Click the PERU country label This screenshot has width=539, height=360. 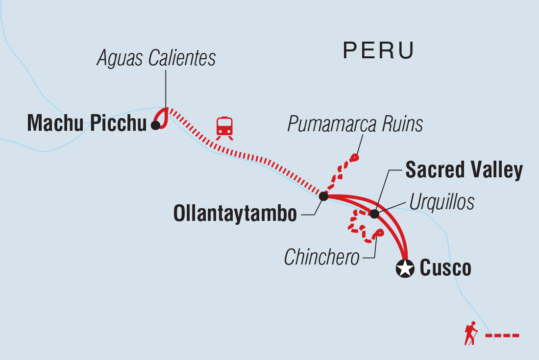pos(378,50)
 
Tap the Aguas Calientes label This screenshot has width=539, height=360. pos(156,58)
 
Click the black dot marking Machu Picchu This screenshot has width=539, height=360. pos(155,125)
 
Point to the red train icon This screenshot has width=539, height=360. pos(224,127)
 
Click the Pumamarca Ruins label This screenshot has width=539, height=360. pos(355,124)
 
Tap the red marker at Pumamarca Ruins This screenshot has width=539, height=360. pos(354,158)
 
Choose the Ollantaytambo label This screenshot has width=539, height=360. pos(235,214)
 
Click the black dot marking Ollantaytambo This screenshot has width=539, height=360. pos(323,197)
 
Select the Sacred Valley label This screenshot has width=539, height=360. pos(464,170)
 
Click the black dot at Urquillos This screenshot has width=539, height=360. pos(374,214)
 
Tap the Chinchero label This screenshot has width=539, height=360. pos(322,258)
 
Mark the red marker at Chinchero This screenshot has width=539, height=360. pos(378,235)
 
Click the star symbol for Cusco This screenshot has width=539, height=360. pos(405,268)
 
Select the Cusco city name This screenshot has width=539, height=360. pos(445,268)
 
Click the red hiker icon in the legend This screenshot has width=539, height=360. pos(471,333)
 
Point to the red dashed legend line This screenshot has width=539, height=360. pos(502,336)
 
